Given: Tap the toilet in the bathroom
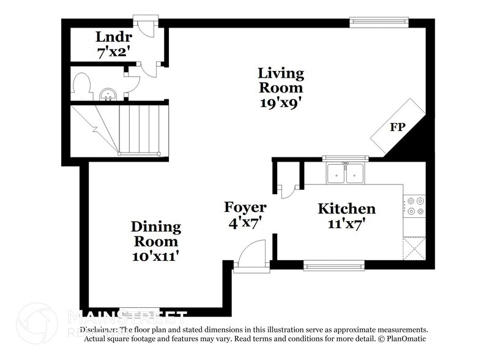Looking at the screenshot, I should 80,86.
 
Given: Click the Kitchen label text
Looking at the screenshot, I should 346,209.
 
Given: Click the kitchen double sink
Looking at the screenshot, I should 346,173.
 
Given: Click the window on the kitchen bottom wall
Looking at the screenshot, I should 334,265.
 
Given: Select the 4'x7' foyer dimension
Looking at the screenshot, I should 245,223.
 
